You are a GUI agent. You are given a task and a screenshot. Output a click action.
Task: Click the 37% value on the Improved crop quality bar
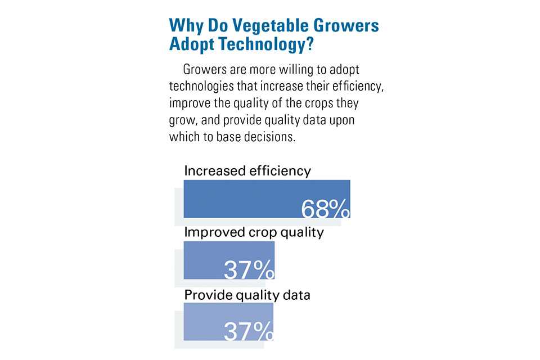pos(249,270)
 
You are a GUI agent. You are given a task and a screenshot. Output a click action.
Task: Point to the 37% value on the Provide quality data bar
pos(249,331)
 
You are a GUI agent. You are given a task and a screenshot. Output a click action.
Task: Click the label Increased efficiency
pos(247,170)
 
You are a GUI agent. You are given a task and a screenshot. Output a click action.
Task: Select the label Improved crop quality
pos(254,232)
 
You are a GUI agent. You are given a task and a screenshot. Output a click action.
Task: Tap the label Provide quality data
pos(247,294)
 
